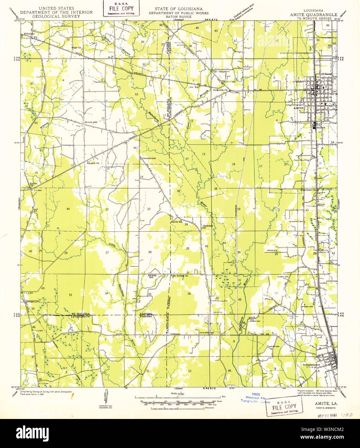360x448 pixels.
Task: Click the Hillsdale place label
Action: coord(27,34)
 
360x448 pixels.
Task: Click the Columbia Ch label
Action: coord(220,90)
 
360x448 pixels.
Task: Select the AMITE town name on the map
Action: coord(299,109)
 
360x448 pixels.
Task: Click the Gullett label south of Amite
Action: coord(321,127)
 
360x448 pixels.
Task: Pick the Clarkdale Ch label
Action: coord(208,227)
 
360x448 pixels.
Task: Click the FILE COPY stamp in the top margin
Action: coord(122,9)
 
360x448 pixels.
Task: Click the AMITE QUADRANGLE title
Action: coord(314,15)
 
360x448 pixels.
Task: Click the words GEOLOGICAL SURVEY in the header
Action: coord(56,16)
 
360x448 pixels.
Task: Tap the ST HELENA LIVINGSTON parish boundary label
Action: coord(81,315)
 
